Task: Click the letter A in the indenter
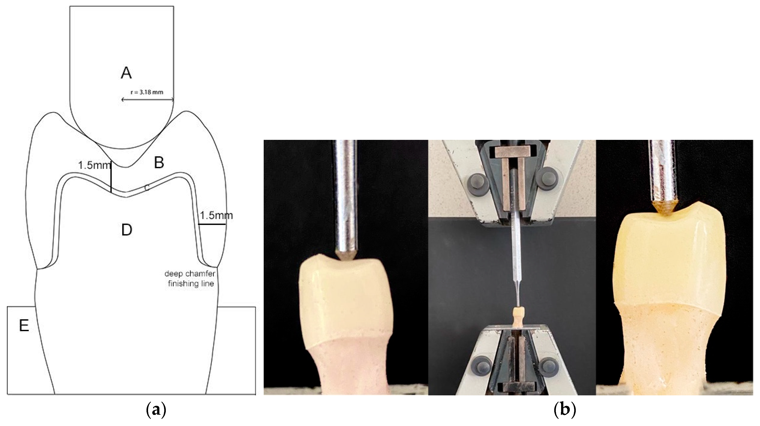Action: click(x=126, y=73)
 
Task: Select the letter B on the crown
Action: click(x=159, y=162)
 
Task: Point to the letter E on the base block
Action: click(x=24, y=326)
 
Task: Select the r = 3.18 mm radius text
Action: click(x=147, y=92)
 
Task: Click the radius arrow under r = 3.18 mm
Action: click(x=148, y=100)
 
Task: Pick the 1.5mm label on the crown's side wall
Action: click(x=216, y=215)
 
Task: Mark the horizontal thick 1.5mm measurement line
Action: click(x=212, y=224)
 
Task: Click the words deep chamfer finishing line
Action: click(x=190, y=279)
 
